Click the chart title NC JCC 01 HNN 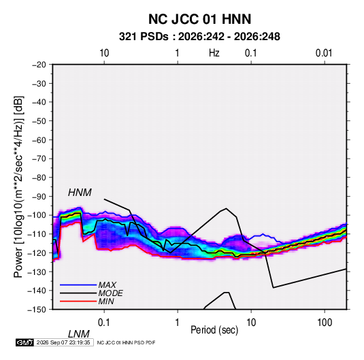click(199, 19)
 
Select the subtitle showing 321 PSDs click(199, 37)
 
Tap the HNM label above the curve click(80, 193)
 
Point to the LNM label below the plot click(79, 334)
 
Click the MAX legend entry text click(107, 284)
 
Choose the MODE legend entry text click(110, 293)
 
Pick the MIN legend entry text click(106, 301)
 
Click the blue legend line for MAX click(78, 284)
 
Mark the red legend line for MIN click(78, 301)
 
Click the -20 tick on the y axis click(39, 65)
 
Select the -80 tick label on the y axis click(39, 178)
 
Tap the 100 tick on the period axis click(325, 323)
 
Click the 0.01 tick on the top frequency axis click(324, 53)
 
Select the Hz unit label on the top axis click(214, 53)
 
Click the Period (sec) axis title click(214, 330)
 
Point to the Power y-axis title click(18, 187)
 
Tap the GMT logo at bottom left click(25, 342)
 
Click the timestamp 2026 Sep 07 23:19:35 click(63, 342)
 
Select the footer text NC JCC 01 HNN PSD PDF click(126, 342)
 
